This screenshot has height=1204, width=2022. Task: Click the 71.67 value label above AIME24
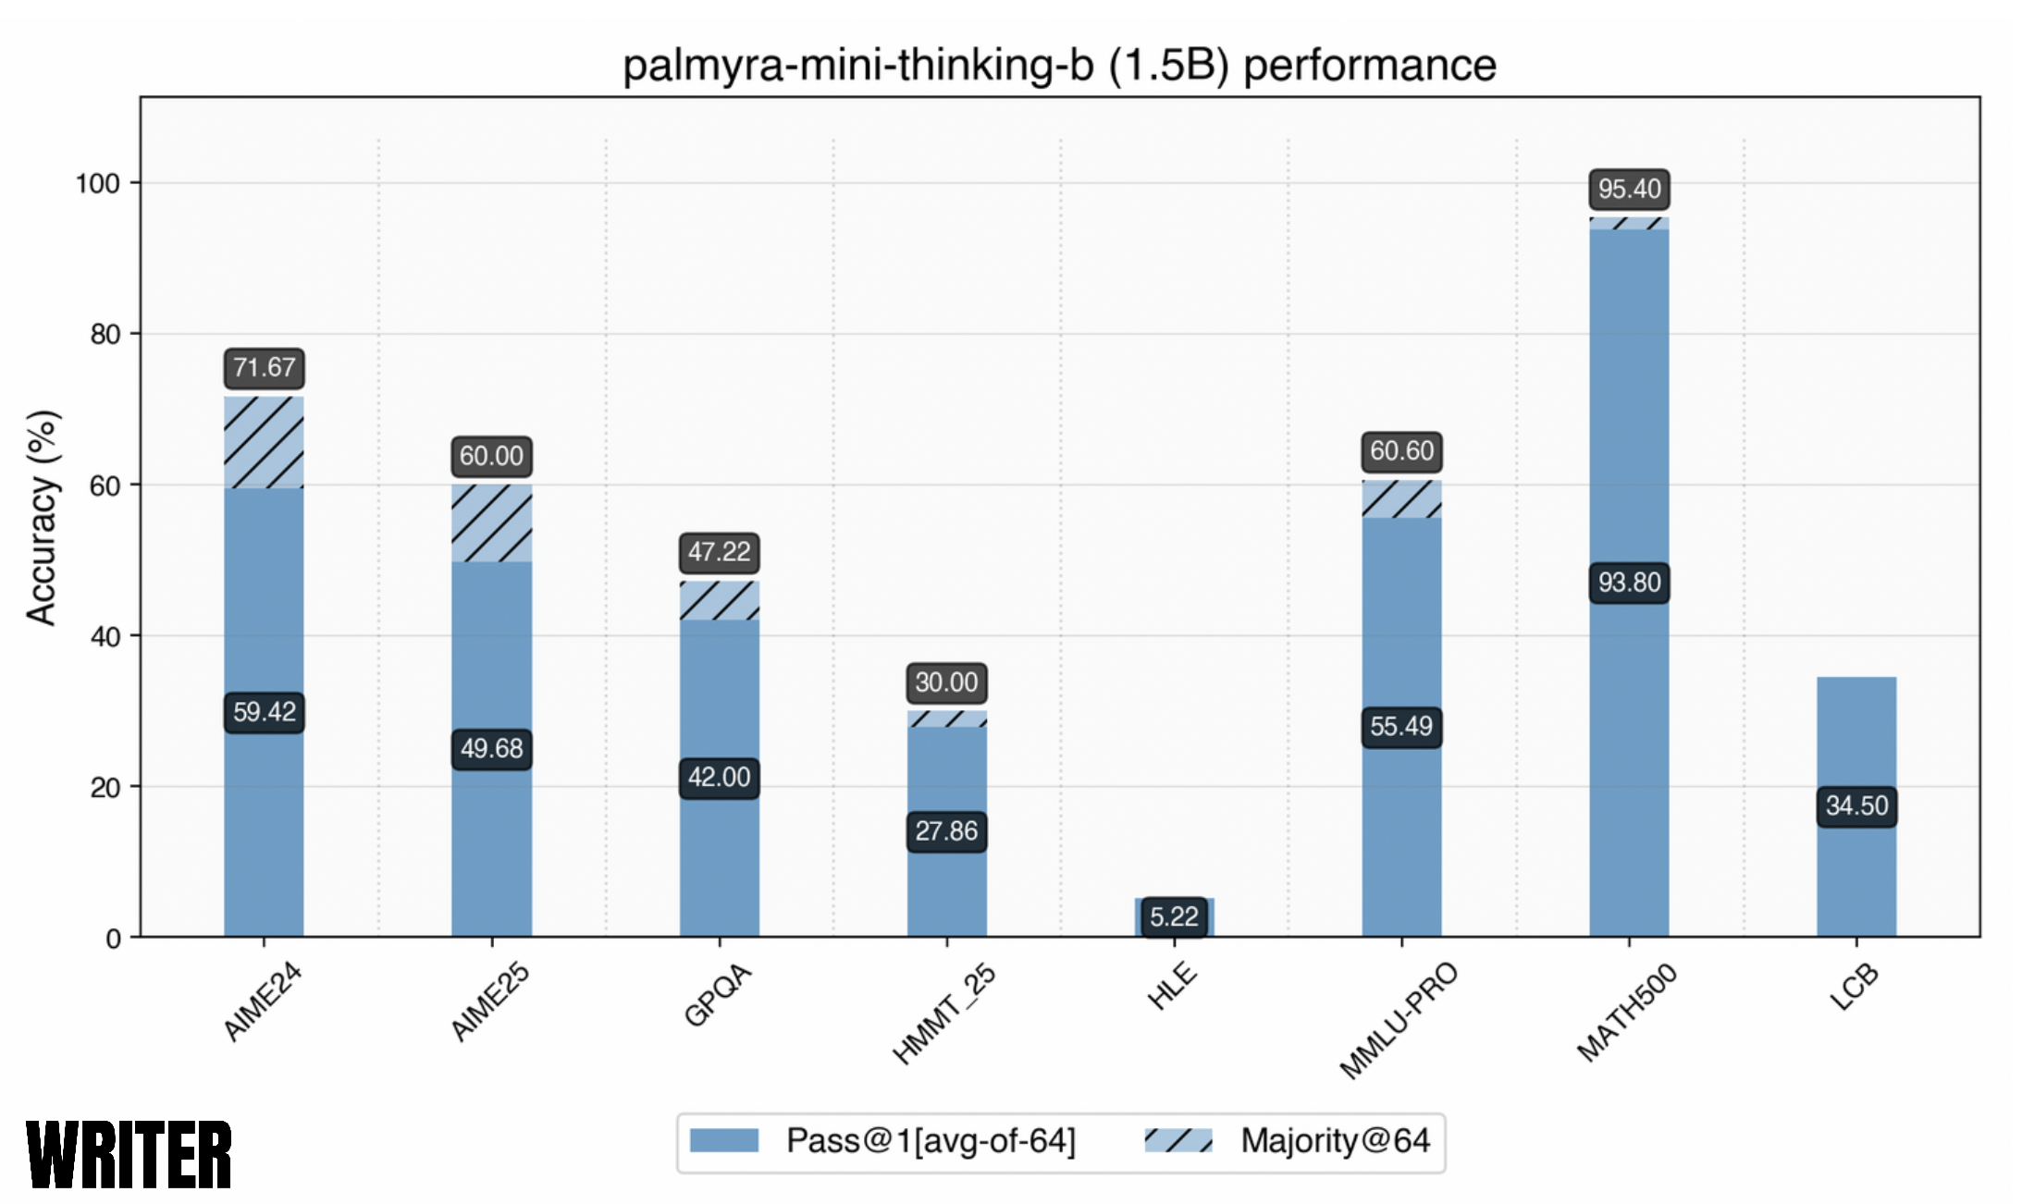(264, 368)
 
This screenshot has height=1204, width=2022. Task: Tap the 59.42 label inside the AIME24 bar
(264, 712)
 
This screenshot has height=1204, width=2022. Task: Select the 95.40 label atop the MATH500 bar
(1629, 189)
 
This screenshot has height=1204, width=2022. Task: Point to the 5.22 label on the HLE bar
(1174, 916)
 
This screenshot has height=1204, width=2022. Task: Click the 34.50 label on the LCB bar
(1856, 805)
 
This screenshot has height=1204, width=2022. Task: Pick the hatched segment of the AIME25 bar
(491, 523)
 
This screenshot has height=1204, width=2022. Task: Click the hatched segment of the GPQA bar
(720, 600)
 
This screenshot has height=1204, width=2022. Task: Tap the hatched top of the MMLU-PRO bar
(1401, 499)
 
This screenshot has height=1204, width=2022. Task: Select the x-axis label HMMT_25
(943, 1014)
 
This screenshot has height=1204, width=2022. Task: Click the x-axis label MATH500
(1627, 1012)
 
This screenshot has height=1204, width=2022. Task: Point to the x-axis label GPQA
(718, 994)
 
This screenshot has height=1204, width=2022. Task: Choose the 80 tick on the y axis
(105, 334)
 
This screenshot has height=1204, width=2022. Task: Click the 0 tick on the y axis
(113, 939)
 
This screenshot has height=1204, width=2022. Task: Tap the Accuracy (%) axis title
(43, 518)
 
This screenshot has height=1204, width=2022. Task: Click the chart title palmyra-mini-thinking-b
(1059, 66)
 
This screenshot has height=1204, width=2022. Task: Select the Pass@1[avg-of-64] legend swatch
(724, 1140)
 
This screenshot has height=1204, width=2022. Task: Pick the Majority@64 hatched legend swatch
(1177, 1140)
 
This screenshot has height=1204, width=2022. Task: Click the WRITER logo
(129, 1155)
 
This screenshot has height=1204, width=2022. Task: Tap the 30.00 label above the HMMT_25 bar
(946, 682)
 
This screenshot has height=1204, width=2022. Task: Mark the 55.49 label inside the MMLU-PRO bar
(1401, 726)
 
